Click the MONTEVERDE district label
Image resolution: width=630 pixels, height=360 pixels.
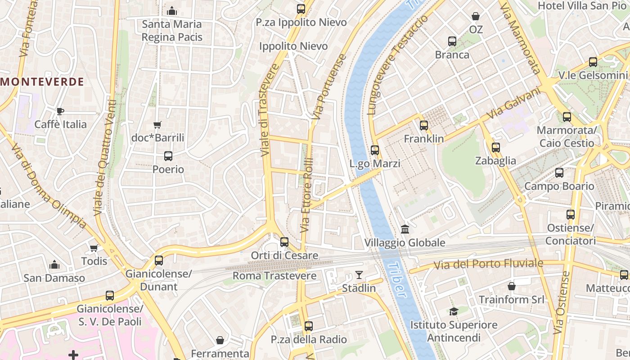tap(42, 82)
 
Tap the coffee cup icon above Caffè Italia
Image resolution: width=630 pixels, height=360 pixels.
tap(60, 111)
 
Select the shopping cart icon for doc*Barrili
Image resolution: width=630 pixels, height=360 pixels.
tap(157, 125)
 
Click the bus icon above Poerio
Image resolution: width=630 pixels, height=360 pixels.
tap(168, 156)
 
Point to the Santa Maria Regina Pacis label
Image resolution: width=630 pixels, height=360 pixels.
tap(172, 31)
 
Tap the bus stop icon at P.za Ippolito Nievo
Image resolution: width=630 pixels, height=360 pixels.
tap(301, 9)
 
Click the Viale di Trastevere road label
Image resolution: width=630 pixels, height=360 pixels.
tap(269, 110)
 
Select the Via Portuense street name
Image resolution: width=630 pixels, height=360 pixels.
tap(328, 86)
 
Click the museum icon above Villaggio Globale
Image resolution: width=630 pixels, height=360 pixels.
tap(405, 229)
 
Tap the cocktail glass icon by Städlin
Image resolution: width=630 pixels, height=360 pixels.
tap(359, 275)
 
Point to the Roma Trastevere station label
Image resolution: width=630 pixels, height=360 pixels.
tap(274, 275)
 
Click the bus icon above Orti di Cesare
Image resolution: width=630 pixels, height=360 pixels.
tap(284, 242)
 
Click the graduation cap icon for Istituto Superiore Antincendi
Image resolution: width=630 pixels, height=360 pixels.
tap(454, 311)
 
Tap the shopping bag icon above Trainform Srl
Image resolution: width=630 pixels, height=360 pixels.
tap(512, 286)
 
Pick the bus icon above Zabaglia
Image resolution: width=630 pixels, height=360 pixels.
tap(495, 148)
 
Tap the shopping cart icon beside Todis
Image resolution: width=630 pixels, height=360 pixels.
tap(94, 248)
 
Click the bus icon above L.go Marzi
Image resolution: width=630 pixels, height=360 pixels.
tap(375, 150)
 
